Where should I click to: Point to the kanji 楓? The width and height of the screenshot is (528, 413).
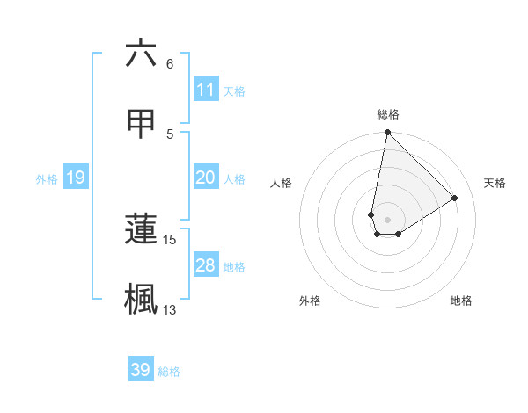point(141,298)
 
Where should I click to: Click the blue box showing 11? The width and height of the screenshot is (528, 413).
point(206,90)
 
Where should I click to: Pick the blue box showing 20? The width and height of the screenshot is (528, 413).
point(206,178)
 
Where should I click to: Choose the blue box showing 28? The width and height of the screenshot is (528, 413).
point(206,265)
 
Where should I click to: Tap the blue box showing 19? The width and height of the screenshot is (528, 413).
point(76,178)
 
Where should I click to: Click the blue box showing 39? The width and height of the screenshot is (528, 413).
point(141,370)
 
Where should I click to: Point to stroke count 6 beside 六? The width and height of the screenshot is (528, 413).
point(170,64)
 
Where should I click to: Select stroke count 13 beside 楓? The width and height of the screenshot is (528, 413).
point(170,309)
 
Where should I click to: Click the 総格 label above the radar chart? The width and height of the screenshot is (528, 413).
point(388,114)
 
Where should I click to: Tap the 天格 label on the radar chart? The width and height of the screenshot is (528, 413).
point(495,183)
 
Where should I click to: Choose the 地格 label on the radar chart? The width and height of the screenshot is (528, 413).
point(461,301)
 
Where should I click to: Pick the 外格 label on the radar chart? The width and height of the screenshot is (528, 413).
point(310,301)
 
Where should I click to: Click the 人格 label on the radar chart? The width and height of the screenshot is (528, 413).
point(282,183)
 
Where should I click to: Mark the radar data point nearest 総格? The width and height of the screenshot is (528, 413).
point(387,133)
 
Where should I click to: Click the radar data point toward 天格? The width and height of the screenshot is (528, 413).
point(455,199)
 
